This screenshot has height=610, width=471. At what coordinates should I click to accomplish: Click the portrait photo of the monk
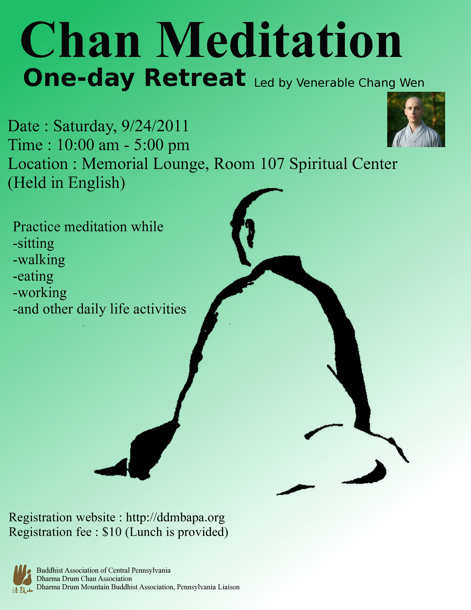click(416, 119)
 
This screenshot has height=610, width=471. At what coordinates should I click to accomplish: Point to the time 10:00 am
click(88, 145)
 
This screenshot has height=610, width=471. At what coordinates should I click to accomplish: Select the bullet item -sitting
click(33, 244)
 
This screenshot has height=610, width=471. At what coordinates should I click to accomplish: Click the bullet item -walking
click(39, 260)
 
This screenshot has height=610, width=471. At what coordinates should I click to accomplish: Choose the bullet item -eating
click(33, 277)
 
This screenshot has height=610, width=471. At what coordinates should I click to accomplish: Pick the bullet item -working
click(40, 293)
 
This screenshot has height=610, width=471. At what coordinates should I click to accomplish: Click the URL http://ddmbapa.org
click(175, 518)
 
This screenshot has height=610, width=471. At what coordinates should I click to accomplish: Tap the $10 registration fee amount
click(112, 532)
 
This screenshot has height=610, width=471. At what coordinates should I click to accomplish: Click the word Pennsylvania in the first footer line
click(151, 570)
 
